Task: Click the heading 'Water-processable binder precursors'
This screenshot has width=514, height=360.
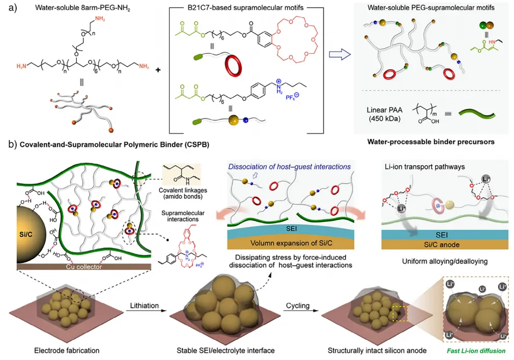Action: (430, 142)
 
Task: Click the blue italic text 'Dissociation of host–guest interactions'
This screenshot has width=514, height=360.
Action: (289, 166)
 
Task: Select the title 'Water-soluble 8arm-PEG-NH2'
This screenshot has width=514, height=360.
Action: (66, 9)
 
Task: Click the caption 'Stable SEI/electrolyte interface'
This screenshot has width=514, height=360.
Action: (224, 350)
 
